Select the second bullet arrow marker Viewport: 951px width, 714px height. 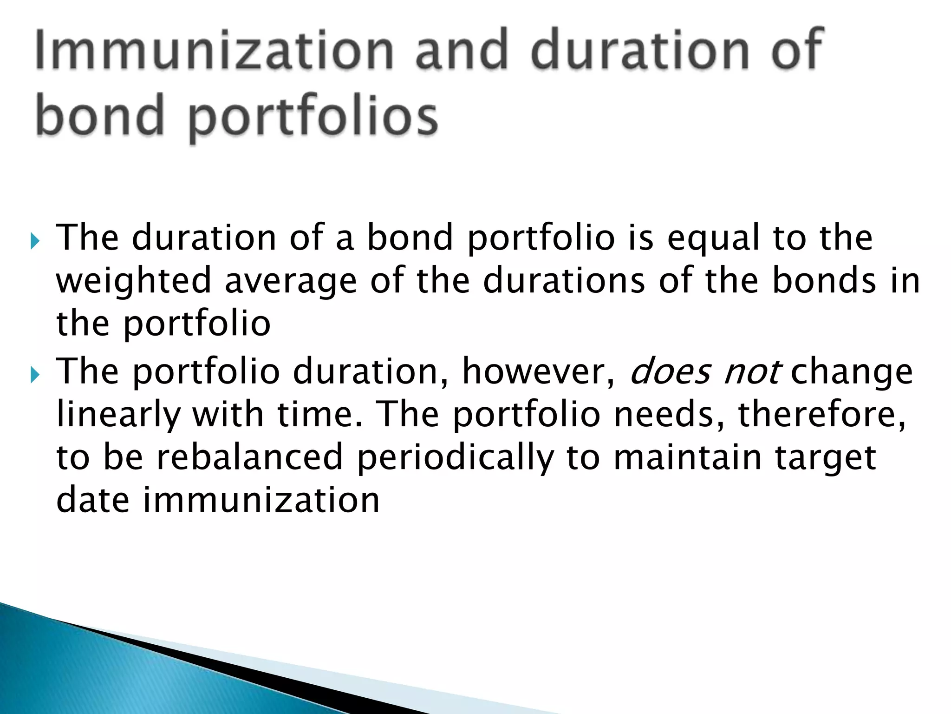34,374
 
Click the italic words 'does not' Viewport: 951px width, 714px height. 703,372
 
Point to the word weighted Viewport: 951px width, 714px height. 134,282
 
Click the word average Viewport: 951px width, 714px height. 291,282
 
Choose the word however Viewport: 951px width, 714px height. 539,372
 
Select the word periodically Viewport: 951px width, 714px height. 455,458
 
